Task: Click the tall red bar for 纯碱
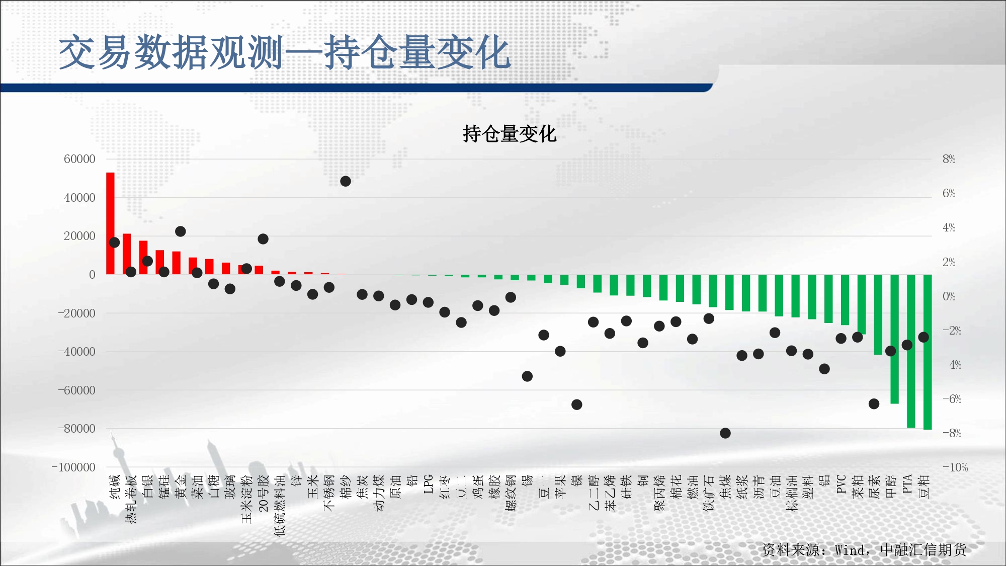[110, 223]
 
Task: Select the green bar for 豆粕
[928, 352]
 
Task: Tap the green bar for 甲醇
[894, 339]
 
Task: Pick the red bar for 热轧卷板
[127, 254]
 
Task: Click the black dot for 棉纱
[346, 181]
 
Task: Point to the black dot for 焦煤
[725, 433]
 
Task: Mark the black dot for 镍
[577, 405]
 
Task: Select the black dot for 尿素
[874, 404]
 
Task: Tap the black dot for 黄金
[181, 231]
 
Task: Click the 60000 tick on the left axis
[79, 159]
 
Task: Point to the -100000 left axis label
[73, 467]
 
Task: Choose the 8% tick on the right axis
[949, 159]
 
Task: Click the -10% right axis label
[955, 467]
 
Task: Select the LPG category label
[429, 484]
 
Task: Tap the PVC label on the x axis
[841, 484]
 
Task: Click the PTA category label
[907, 484]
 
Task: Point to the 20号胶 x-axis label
[263, 493]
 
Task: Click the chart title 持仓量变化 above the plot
[510, 134]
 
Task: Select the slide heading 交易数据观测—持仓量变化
[285, 52]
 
